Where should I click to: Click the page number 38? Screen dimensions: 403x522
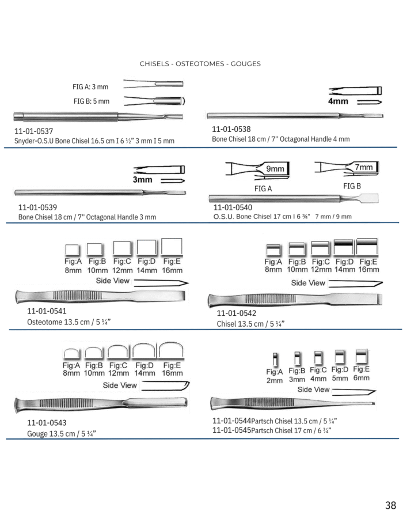(x=390, y=505)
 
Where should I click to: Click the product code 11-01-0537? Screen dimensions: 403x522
(x=33, y=131)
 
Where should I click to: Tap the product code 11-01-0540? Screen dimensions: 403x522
(x=233, y=207)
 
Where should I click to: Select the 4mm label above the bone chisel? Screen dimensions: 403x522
(x=338, y=101)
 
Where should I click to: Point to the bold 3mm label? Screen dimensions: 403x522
(x=142, y=180)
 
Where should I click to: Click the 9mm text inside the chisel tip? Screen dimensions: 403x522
(x=275, y=169)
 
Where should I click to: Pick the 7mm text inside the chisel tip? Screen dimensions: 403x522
(x=364, y=167)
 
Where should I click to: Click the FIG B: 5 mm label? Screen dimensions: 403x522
(x=92, y=101)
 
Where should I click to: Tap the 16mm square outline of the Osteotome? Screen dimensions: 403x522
(x=172, y=247)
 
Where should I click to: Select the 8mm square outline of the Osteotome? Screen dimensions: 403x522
(x=72, y=249)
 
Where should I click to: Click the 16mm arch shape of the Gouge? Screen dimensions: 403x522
(x=171, y=350)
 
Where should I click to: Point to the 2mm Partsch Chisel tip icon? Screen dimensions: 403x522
(x=275, y=359)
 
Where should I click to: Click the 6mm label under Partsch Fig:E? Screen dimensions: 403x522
(x=362, y=378)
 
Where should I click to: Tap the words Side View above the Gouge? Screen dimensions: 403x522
(x=120, y=385)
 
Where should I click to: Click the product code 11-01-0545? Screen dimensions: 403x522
(x=231, y=430)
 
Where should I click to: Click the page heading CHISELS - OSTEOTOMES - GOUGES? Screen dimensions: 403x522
(x=200, y=63)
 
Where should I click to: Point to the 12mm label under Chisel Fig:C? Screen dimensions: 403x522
(x=321, y=269)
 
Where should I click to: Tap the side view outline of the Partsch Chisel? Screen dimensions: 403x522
(x=354, y=392)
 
